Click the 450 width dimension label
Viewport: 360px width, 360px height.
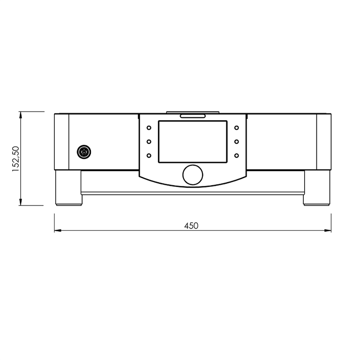coord(191,226)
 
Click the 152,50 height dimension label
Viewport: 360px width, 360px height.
coord(15,159)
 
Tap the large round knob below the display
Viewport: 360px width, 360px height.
coord(193,175)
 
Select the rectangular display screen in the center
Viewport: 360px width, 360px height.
coord(193,142)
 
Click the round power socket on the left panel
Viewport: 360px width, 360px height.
coord(83,152)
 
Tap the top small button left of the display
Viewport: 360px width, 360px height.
coord(148,128)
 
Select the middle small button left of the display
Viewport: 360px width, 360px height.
coord(148,142)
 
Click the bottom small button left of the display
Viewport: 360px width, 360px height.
coord(148,156)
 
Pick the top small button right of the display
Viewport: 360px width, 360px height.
coord(236,128)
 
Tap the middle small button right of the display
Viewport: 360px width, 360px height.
coord(236,142)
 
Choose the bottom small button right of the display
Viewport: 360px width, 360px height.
coord(236,156)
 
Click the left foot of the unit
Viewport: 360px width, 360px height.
coord(68,188)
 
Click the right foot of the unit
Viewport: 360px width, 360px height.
coord(317,188)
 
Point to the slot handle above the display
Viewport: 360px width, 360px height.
coord(193,116)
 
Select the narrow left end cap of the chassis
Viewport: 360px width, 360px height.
coord(62,142)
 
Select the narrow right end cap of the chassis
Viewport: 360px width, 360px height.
coord(324,142)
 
